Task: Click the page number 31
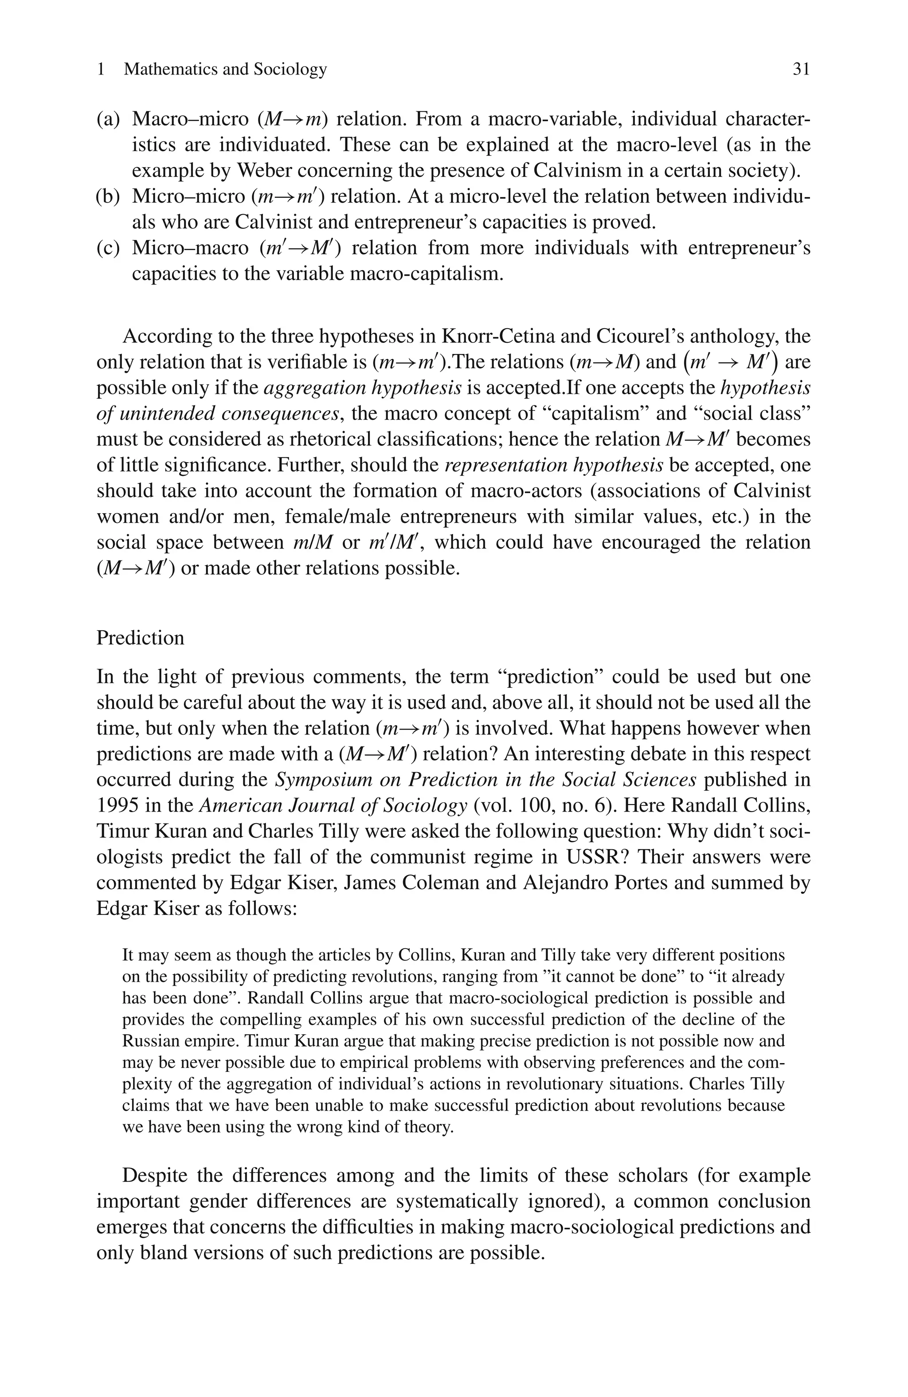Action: pos(801,69)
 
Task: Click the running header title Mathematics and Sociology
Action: pos(225,69)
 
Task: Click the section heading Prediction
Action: pos(140,637)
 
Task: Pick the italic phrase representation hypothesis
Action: pos(554,465)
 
